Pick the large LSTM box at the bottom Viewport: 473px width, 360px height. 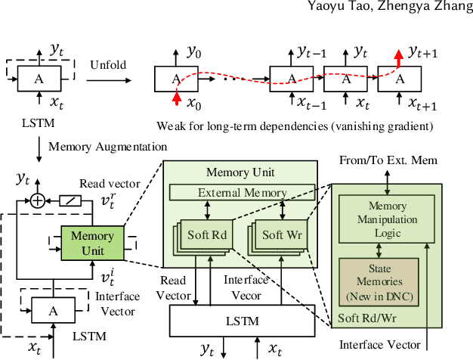243,321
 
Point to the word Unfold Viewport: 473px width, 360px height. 108,65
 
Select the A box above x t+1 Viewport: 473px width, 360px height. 400,78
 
